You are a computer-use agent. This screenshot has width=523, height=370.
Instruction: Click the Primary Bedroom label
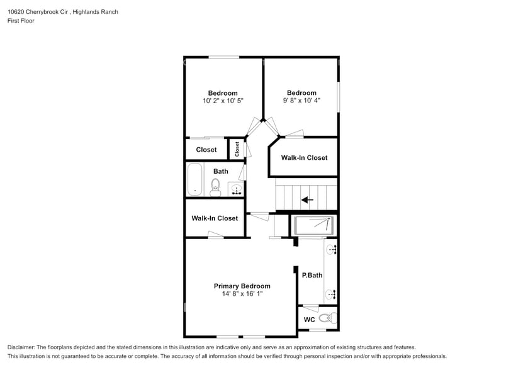click(x=242, y=286)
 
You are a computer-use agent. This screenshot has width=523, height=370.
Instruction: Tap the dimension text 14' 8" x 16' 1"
click(x=242, y=294)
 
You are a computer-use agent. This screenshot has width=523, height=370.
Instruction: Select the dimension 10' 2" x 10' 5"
click(x=223, y=101)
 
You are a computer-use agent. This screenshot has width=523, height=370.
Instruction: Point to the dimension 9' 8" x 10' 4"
click(x=301, y=101)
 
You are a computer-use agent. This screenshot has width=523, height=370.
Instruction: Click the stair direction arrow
click(x=307, y=200)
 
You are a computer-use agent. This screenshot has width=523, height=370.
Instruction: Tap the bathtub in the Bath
click(x=194, y=180)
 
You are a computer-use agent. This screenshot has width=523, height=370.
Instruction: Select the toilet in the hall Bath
click(x=215, y=186)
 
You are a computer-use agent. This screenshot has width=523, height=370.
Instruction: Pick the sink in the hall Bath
click(x=235, y=188)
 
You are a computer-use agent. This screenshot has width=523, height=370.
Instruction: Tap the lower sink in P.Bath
click(x=332, y=294)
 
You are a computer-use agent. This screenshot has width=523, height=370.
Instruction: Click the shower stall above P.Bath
click(x=313, y=225)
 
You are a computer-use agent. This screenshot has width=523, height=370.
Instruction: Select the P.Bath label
click(x=312, y=275)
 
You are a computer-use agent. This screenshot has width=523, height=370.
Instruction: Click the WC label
click(x=309, y=320)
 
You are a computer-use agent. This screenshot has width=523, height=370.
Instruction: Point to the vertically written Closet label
click(x=237, y=149)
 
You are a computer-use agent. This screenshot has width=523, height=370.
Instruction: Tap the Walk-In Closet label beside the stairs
click(x=304, y=157)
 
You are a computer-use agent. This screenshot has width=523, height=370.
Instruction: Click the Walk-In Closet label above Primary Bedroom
click(x=215, y=218)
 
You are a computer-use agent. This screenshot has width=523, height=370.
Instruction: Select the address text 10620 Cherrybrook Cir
click(x=37, y=12)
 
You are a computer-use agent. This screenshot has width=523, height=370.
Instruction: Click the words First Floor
click(x=21, y=21)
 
